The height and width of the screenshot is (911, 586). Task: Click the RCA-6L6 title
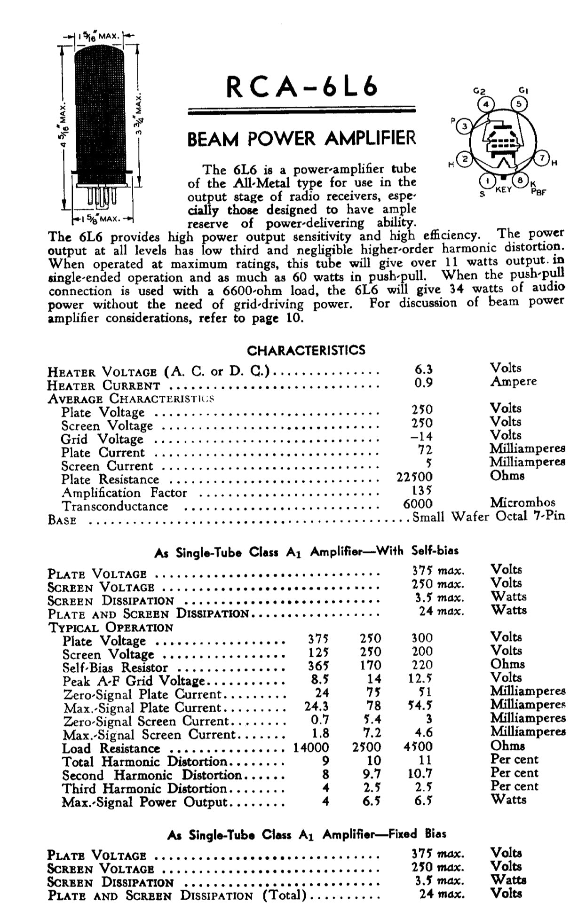tap(301, 86)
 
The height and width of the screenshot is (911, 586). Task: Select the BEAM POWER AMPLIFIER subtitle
tap(301, 139)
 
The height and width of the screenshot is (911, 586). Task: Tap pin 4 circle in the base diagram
tap(486, 104)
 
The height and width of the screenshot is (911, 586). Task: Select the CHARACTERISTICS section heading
tap(306, 350)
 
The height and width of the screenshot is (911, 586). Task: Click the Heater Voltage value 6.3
tap(423, 369)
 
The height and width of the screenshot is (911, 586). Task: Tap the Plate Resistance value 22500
tap(414, 477)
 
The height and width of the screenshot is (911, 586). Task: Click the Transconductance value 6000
tap(418, 503)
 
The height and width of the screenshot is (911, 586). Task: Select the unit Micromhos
tap(522, 503)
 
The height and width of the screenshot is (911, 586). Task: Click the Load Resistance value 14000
tap(311, 747)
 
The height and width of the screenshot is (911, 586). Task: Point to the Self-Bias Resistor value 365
tap(318, 666)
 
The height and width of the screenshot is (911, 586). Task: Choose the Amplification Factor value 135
tap(422, 490)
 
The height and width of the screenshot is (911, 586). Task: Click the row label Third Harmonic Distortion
tap(145, 788)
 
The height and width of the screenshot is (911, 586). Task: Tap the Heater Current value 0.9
tap(423, 383)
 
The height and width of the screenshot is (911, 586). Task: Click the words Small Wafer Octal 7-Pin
tap(489, 517)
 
